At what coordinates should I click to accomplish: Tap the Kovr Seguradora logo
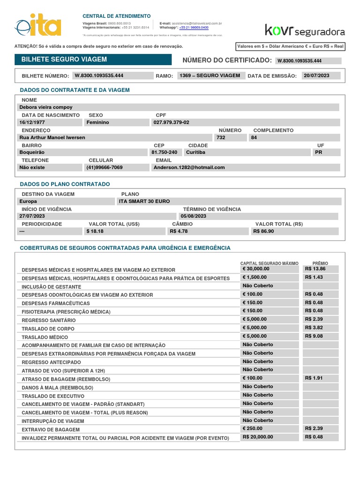[x=305, y=30]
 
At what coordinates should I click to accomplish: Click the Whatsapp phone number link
[x=194, y=28]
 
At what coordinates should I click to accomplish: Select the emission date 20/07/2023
[x=317, y=75]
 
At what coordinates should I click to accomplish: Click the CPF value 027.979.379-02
[x=171, y=122]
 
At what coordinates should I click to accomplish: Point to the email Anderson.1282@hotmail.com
[x=189, y=167]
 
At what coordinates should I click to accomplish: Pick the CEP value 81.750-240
[x=165, y=152]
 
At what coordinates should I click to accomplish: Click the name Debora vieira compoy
[x=46, y=107]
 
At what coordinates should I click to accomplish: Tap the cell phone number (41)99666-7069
[x=105, y=167]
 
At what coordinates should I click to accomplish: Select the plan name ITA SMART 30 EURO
[x=144, y=201]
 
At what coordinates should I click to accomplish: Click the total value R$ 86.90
[x=263, y=231]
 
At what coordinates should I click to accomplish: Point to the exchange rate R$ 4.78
[x=179, y=231]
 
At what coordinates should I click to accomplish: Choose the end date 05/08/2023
[x=194, y=216]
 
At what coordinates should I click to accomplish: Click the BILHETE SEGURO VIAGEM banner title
[x=61, y=60]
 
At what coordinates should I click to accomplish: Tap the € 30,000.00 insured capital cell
[x=256, y=269]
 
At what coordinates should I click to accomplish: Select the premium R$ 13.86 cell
[x=315, y=269]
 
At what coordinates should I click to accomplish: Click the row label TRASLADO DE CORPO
[x=48, y=329]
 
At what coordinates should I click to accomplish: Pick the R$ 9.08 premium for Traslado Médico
[x=314, y=336]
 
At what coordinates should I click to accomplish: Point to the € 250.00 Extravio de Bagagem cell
[x=253, y=428]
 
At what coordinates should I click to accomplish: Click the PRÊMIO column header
[x=320, y=263]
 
